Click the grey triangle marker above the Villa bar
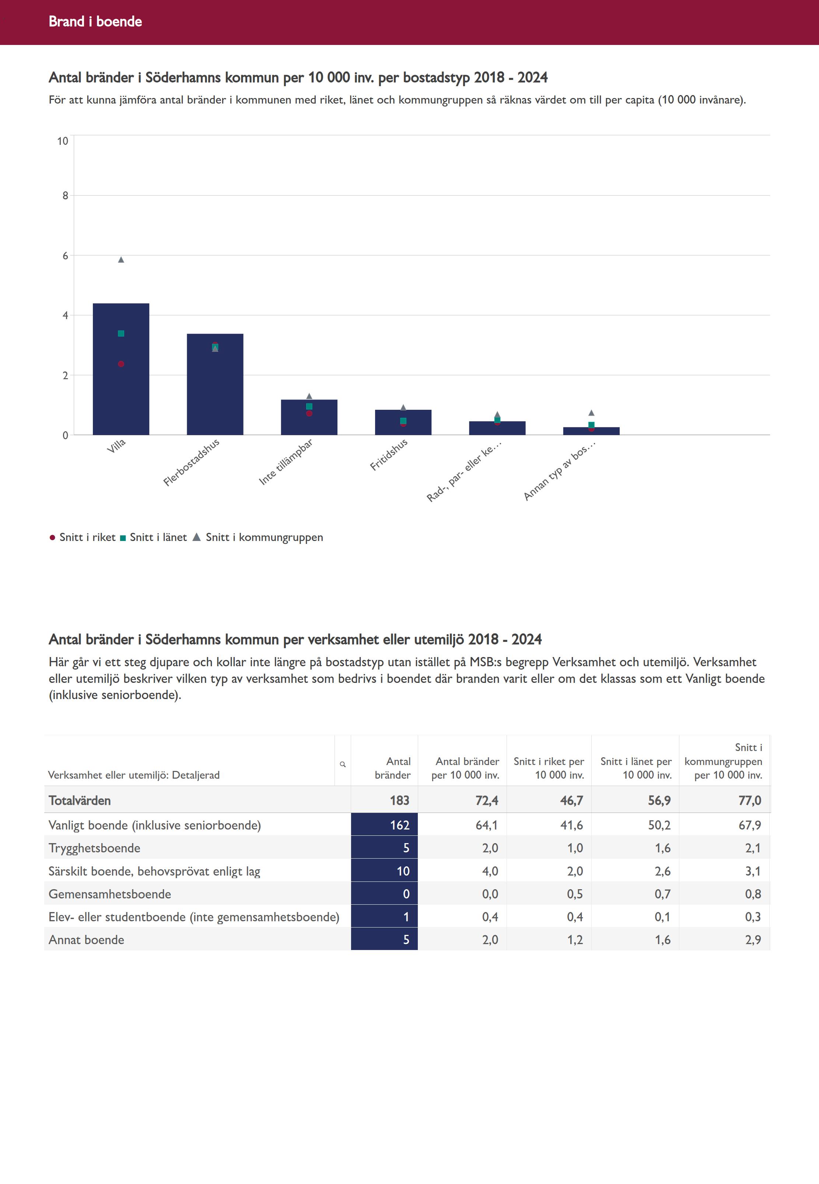pos(121,260)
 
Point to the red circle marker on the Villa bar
pos(121,364)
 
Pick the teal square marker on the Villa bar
pos(121,333)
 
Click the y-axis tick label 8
pos(65,196)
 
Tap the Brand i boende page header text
pos(95,21)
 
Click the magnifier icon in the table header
pos(343,764)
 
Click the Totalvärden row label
pos(80,801)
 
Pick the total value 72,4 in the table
pos(486,801)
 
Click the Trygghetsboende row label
pos(94,848)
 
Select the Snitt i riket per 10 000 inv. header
pos(549,768)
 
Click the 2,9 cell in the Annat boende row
pos(752,940)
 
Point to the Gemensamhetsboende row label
pos(110,894)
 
